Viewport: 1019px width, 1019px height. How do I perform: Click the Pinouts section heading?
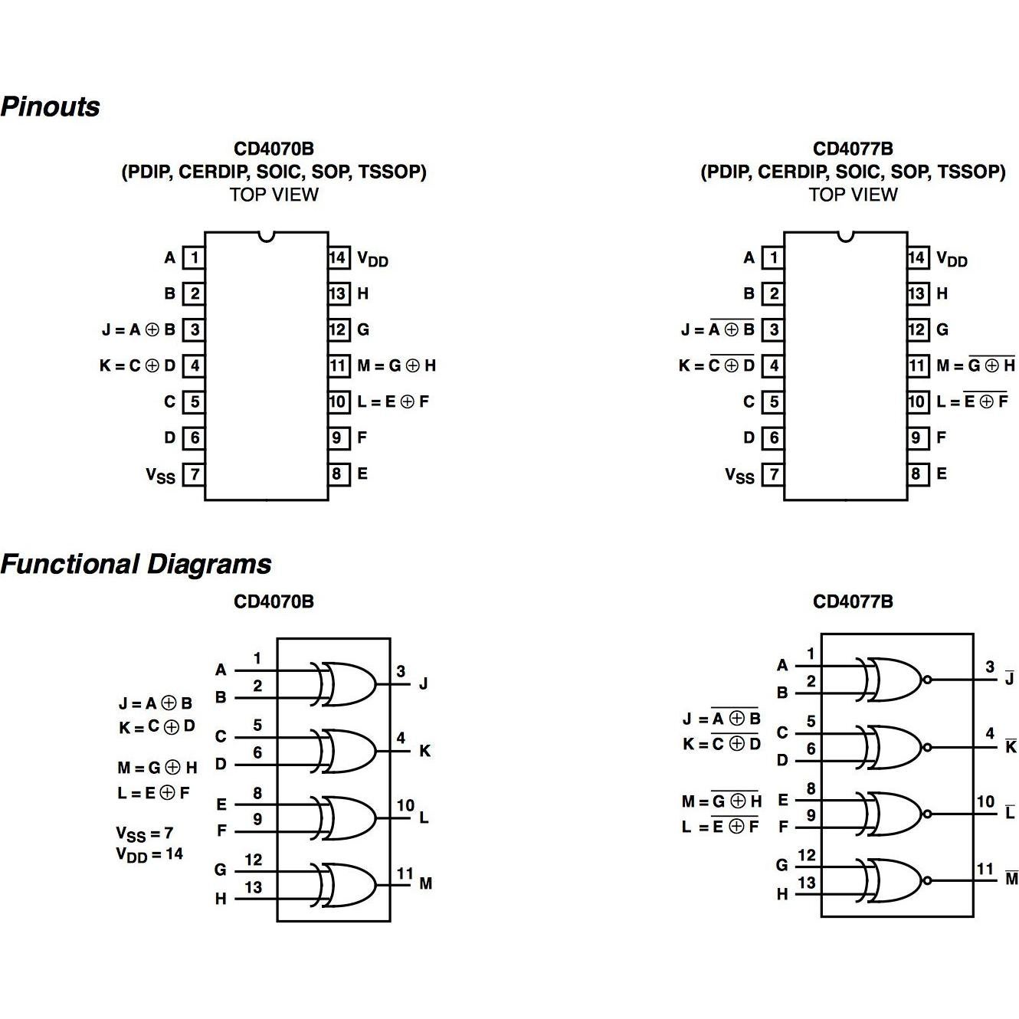(51, 106)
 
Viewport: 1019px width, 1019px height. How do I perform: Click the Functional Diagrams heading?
(136, 564)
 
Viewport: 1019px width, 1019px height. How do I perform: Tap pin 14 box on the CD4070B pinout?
(338, 257)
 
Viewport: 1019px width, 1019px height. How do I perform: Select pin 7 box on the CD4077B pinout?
(774, 474)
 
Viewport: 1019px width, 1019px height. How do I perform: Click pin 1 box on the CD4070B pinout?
(195, 257)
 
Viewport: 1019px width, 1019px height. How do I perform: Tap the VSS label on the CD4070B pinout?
(161, 476)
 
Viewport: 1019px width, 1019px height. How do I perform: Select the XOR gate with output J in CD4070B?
(346, 683)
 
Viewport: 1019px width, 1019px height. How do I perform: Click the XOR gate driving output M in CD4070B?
(346, 884)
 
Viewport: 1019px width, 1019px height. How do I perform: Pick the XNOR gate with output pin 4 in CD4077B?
(893, 747)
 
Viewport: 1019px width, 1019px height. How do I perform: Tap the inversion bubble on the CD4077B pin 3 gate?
(928, 680)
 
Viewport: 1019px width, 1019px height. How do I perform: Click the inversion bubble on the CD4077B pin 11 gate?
(928, 880)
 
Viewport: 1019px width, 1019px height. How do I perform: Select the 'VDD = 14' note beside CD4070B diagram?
(149, 854)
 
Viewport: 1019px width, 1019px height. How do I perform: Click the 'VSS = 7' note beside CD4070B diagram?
(145, 834)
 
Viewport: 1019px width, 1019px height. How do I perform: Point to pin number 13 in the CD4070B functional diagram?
(254, 887)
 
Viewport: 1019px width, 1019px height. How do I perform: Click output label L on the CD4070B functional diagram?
(424, 817)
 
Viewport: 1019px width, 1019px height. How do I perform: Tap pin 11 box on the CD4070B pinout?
(338, 365)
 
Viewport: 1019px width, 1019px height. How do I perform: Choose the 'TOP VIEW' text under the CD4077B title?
(853, 195)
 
